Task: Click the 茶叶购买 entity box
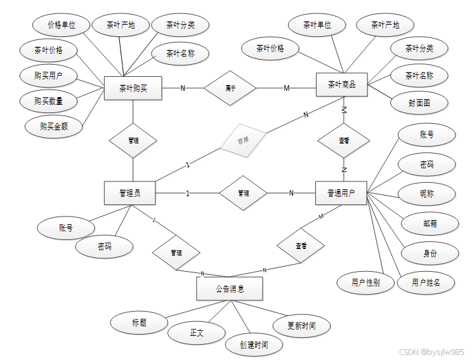tap(133, 88)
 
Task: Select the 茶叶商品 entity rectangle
tap(341, 84)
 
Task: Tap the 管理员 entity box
tap(129, 193)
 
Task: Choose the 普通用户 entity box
tap(341, 193)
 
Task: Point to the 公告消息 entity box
tap(229, 289)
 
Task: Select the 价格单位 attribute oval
tap(62, 25)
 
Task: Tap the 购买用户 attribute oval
tap(48, 76)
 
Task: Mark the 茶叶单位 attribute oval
tap(317, 25)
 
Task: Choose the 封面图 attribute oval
tap(419, 102)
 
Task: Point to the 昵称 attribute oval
tap(426, 193)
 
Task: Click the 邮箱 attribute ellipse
tap(430, 223)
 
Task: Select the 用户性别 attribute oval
tap(365, 283)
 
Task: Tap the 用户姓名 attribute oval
tap(426, 283)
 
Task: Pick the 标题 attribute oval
tap(140, 323)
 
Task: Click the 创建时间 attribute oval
tap(254, 345)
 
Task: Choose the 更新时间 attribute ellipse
tap(301, 326)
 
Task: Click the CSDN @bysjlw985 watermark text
tap(431, 352)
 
